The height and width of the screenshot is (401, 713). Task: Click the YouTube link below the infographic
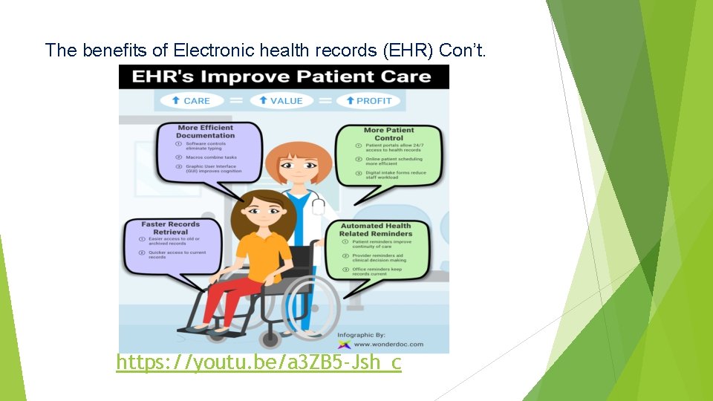258,362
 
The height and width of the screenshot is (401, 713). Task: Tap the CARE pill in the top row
191,100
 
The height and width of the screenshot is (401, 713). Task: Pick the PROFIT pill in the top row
368,100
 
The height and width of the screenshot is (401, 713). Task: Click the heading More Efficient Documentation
205,131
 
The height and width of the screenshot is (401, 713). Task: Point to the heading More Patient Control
388,134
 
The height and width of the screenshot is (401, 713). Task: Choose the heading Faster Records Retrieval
172,227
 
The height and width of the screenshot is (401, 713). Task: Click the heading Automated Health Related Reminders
375,229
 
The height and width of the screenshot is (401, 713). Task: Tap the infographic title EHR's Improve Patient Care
281,76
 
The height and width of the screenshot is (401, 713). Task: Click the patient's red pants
223,297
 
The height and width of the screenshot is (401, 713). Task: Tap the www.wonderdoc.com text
388,344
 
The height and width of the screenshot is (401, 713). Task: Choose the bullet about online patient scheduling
391,161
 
